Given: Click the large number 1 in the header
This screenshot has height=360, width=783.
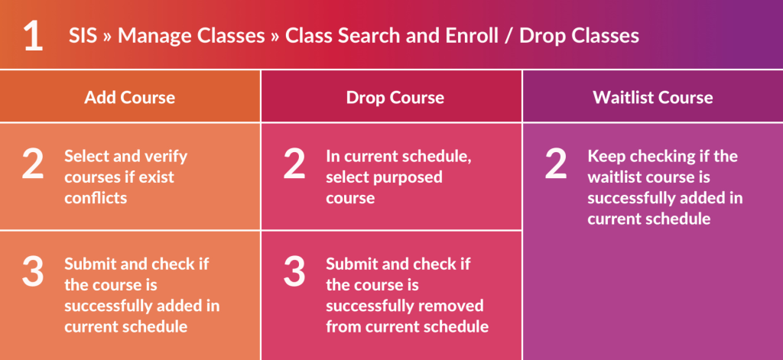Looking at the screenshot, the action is (33, 36).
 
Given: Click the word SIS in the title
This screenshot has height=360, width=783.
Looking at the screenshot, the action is (83, 36).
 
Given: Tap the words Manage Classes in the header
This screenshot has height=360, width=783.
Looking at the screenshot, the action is (191, 36).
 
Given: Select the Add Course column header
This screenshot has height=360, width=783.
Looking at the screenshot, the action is (130, 97).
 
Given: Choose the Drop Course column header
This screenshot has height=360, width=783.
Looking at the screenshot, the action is (395, 97).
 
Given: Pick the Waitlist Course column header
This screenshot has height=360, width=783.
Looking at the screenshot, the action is (653, 97).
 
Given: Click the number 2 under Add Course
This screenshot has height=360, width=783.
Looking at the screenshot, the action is (33, 164).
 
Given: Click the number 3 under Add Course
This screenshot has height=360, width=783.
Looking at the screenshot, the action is (33, 271).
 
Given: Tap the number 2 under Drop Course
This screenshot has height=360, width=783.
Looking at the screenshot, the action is (294, 164).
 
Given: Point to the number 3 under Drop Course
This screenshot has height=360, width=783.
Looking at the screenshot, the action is (294, 271).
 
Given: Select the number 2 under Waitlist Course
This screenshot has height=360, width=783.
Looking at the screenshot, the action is (556, 164).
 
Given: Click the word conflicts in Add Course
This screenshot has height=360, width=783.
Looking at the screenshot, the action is (96, 198).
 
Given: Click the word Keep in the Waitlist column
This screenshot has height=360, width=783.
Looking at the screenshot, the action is (606, 156).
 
